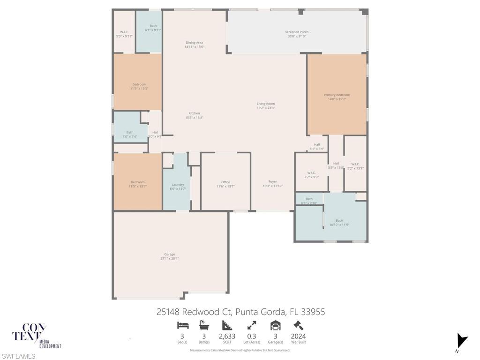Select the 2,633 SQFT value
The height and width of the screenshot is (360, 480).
click(x=227, y=336)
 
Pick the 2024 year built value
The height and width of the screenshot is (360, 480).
click(x=298, y=336)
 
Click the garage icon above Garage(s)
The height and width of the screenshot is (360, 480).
click(x=275, y=325)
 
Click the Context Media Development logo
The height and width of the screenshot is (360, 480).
click(x=37, y=336)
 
